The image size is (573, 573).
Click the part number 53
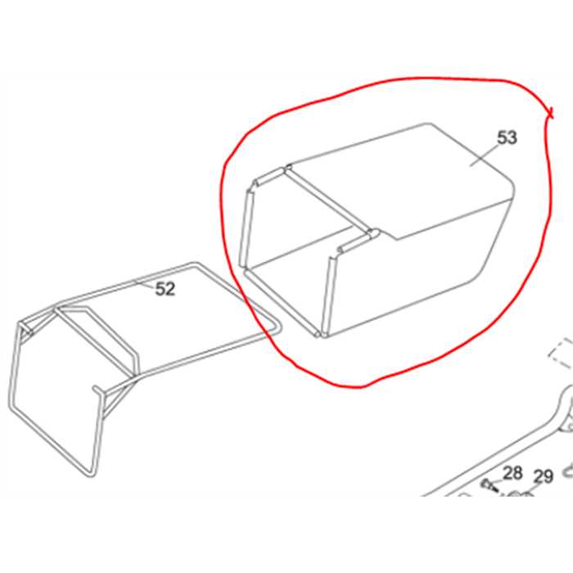coord(508,138)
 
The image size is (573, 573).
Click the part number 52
coord(165,289)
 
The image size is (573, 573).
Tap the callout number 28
coord(512,472)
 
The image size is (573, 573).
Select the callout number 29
coord(544,476)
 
